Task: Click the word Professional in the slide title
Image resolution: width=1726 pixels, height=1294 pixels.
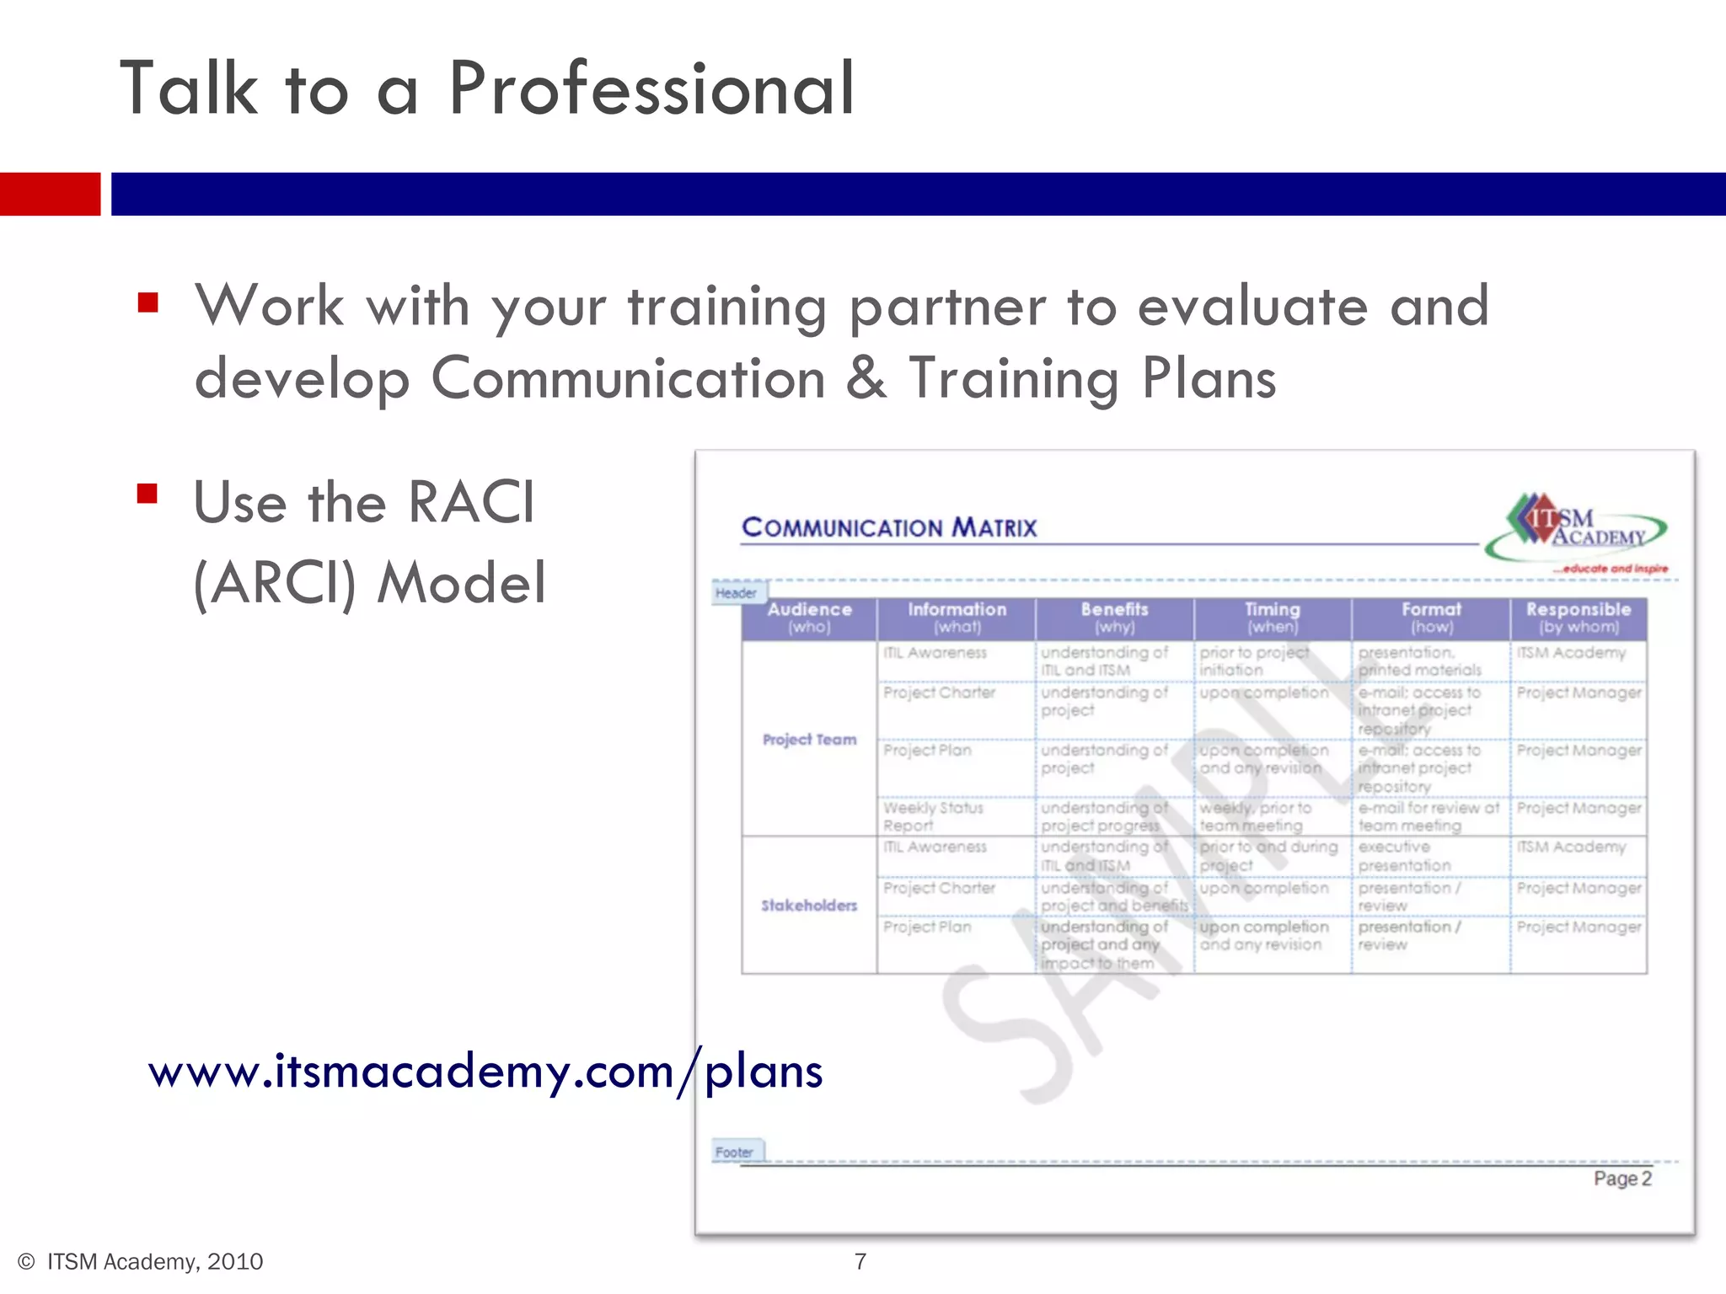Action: tap(651, 88)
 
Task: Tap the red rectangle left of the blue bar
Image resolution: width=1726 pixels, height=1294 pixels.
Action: tap(50, 194)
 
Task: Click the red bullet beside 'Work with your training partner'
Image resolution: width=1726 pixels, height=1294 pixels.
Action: tap(148, 302)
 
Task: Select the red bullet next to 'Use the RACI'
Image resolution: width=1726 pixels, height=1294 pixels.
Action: tap(147, 493)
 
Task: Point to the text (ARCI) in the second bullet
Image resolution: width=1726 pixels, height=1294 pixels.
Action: tap(275, 583)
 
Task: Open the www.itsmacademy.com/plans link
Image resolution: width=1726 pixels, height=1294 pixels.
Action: tap(485, 1072)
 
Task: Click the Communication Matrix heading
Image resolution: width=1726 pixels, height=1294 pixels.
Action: tap(889, 528)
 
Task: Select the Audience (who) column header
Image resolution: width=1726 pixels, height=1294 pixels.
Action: tap(809, 618)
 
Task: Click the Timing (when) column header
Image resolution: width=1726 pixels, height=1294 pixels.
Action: tap(1273, 618)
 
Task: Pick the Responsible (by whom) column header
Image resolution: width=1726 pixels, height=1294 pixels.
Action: tap(1578, 618)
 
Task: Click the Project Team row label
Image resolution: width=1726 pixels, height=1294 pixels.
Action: tap(809, 740)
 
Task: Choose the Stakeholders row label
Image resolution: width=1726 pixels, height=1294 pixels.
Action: tap(809, 906)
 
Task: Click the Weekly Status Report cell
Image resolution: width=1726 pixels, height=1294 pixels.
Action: tap(933, 816)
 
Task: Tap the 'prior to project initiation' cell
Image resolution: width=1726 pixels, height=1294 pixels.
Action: tap(1254, 661)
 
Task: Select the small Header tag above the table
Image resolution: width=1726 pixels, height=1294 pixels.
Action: tap(737, 593)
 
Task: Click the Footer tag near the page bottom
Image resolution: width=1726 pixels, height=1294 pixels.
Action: tap(735, 1152)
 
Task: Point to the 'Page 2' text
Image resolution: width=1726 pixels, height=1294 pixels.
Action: tap(1621, 1179)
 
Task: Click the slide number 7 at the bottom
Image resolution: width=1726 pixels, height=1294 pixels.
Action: tap(860, 1261)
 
